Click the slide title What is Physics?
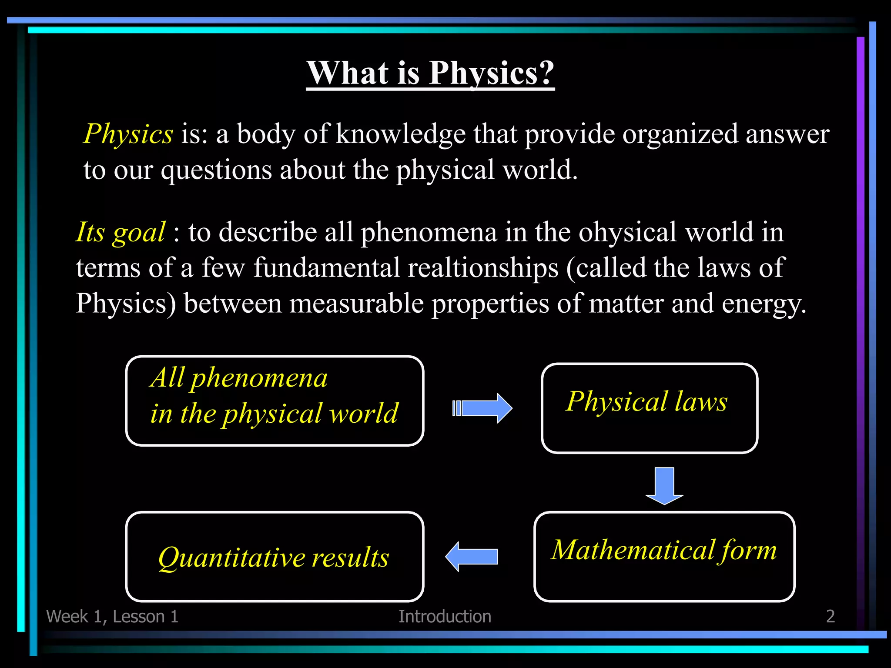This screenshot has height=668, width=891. click(x=430, y=73)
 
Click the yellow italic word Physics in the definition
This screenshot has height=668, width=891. click(x=128, y=134)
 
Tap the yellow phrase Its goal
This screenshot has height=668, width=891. click(x=121, y=232)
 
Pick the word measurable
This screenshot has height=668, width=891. click(x=356, y=303)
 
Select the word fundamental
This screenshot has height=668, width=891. click(x=326, y=267)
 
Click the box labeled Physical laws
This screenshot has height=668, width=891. click(x=649, y=408)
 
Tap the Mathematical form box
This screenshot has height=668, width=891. click(x=664, y=557)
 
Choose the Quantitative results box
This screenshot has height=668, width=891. click(x=274, y=557)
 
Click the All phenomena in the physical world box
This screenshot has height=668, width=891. click(x=274, y=401)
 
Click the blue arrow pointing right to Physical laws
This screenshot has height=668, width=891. click(x=483, y=408)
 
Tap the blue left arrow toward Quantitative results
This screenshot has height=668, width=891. click(x=472, y=557)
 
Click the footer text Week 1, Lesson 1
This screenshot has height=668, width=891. click(x=112, y=616)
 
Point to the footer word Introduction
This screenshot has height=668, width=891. click(x=445, y=616)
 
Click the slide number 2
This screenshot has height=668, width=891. click(x=830, y=616)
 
